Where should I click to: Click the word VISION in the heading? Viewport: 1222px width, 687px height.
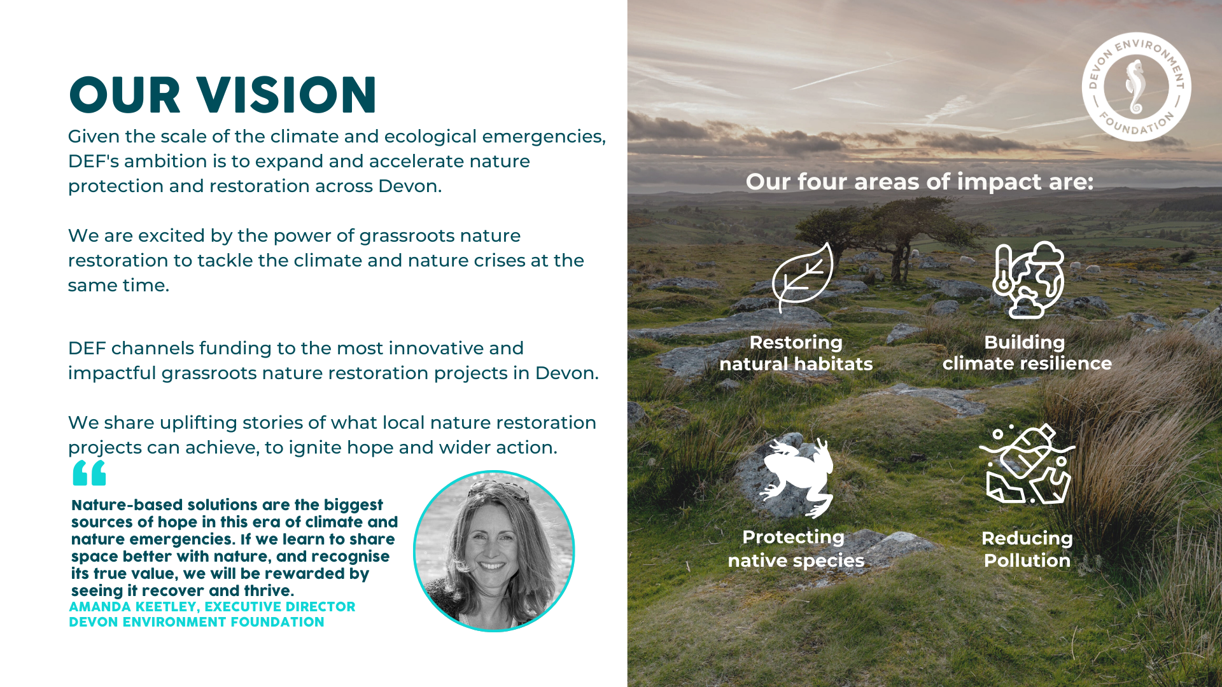click(287, 95)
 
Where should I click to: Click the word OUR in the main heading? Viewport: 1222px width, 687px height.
click(125, 95)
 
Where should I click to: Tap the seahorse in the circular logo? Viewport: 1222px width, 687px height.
click(1136, 87)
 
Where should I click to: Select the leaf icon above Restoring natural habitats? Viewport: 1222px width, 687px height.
click(803, 277)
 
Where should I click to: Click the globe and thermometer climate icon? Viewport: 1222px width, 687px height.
click(1028, 280)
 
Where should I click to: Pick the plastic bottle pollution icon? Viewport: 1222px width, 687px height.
click(1027, 464)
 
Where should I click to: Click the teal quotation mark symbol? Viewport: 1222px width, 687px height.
click(89, 473)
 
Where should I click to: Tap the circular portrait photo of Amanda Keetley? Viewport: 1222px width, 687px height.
click(494, 551)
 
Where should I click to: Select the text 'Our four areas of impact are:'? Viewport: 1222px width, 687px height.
click(920, 182)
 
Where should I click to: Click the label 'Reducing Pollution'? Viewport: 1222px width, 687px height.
click(1027, 549)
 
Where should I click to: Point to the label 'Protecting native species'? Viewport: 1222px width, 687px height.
click(796, 548)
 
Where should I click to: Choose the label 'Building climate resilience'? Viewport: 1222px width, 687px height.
click(1027, 352)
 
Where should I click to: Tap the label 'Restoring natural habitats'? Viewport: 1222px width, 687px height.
click(796, 353)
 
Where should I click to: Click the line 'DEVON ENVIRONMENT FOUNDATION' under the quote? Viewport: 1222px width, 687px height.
click(197, 622)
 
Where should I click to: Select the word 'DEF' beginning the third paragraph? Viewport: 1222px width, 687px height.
click(87, 348)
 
